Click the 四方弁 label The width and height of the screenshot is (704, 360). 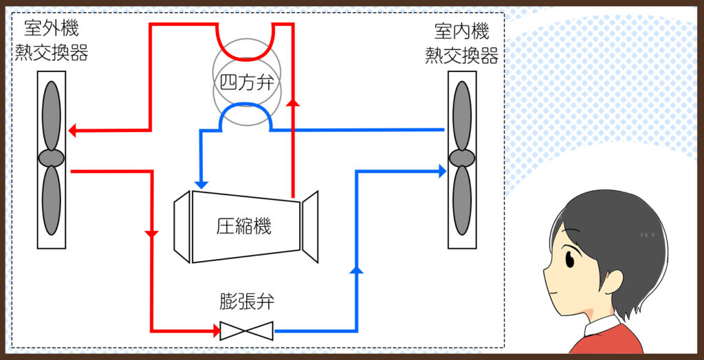[245, 82]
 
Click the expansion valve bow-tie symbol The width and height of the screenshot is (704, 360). [246, 331]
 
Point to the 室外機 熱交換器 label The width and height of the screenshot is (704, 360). [52, 41]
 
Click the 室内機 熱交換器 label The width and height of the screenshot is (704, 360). [461, 43]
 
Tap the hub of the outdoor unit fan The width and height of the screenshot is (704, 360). [51, 158]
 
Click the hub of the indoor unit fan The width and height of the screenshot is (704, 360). [462, 158]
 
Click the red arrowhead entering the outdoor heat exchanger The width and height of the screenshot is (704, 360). [74, 130]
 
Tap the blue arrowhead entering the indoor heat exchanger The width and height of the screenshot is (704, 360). [442, 171]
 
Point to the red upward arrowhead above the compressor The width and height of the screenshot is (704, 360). [294, 103]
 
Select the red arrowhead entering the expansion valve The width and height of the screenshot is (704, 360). [216, 331]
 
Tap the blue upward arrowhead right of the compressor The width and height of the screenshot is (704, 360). [356, 269]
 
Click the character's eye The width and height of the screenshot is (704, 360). [570, 259]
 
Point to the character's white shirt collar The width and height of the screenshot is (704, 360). [599, 326]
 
